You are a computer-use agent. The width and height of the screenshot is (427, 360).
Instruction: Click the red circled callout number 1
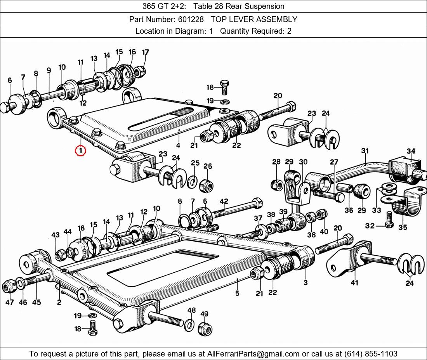[80, 150]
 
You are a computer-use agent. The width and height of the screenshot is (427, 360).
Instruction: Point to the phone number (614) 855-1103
[370, 354]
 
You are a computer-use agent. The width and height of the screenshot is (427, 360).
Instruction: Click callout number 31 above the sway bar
[365, 151]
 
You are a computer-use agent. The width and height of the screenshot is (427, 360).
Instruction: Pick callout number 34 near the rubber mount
[411, 151]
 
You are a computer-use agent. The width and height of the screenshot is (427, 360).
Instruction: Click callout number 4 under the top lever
[178, 145]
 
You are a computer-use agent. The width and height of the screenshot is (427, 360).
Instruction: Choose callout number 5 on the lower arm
[237, 293]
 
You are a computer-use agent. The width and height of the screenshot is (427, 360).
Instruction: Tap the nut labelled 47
[9, 287]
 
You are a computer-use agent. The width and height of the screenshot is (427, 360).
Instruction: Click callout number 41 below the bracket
[354, 283]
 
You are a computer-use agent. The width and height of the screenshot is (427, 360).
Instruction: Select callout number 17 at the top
[146, 52]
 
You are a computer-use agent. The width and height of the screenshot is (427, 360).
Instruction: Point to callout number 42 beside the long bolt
[224, 201]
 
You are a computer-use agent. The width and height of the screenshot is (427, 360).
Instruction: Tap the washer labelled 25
[192, 182]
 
